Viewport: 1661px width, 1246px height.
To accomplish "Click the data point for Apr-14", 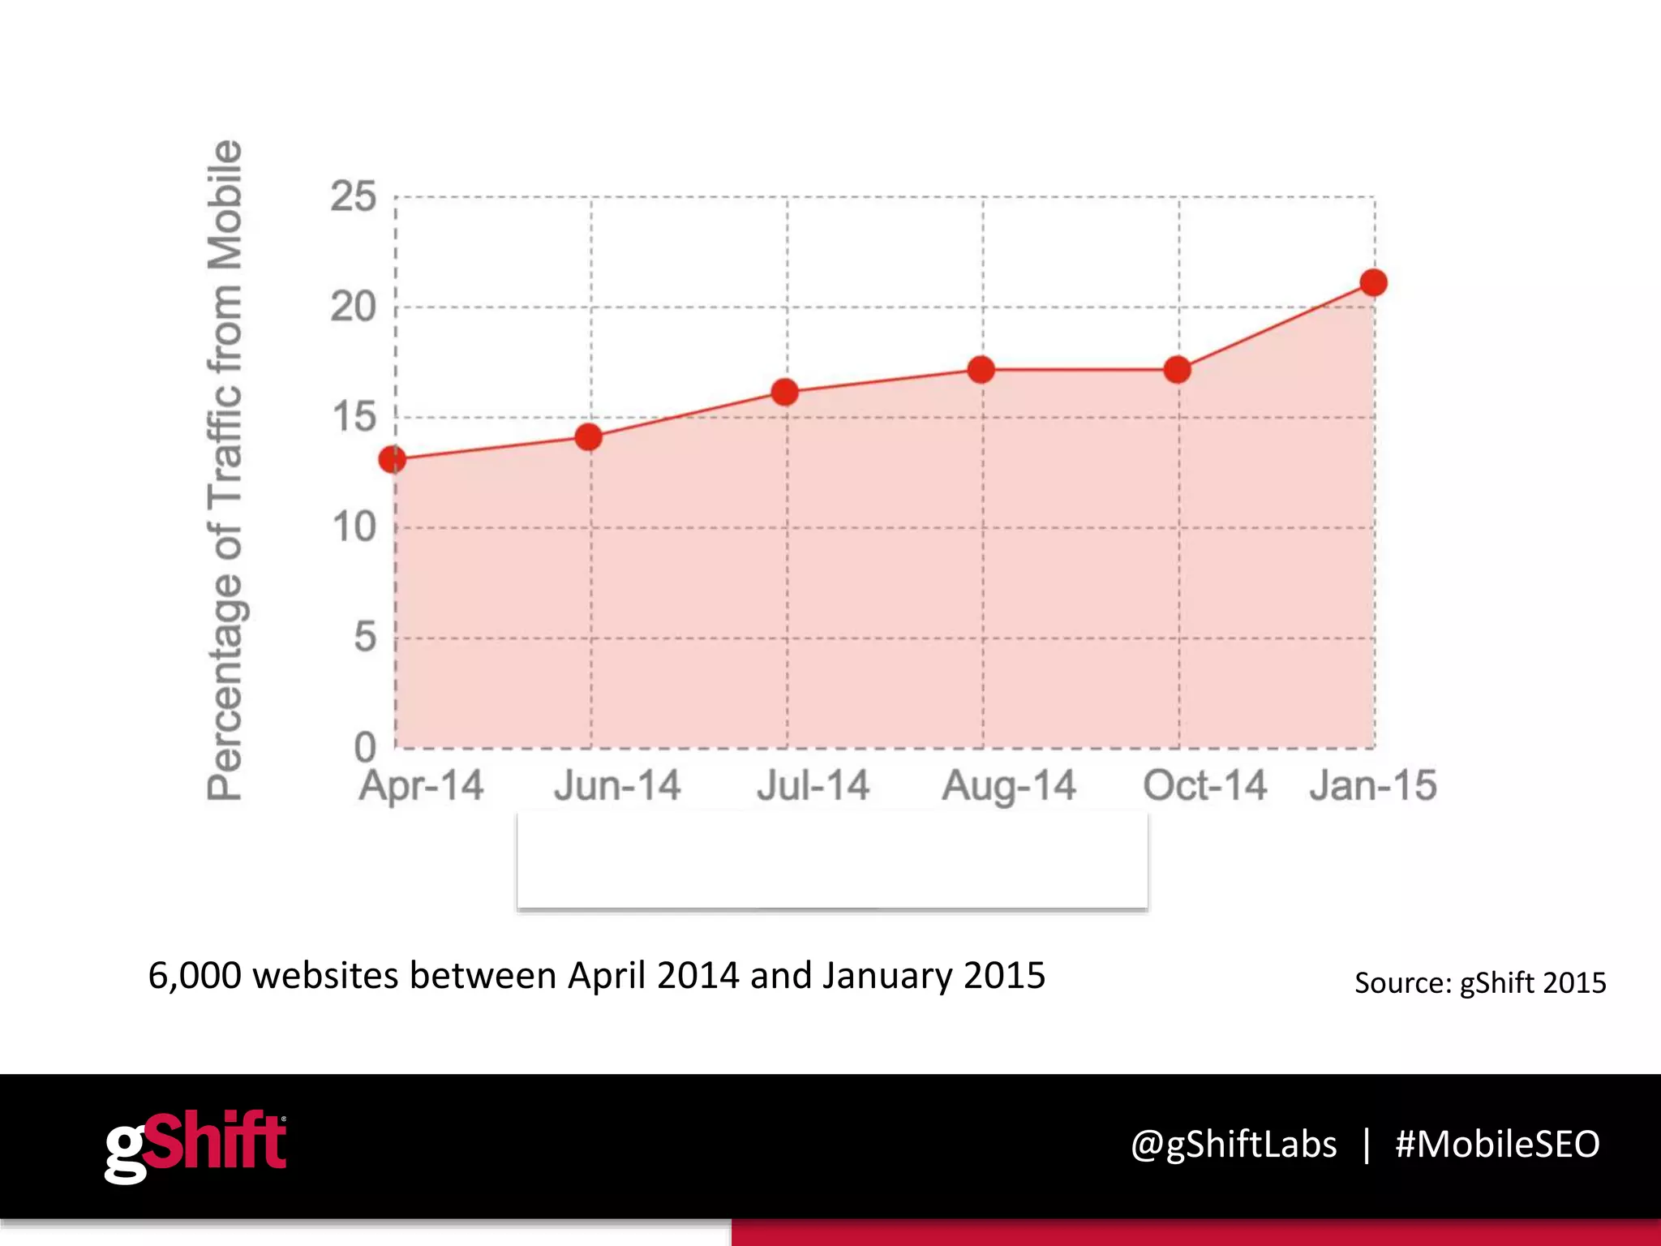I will [x=393, y=460].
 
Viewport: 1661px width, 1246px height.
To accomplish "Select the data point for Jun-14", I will [x=589, y=437].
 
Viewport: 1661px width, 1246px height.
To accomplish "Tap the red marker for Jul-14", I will [x=785, y=393].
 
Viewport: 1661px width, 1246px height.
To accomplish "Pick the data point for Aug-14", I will [x=981, y=370].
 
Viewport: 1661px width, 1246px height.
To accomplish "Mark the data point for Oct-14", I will [x=1177, y=370].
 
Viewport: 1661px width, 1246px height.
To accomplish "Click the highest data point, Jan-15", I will [x=1374, y=283].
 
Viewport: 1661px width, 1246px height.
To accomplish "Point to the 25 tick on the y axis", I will [x=354, y=197].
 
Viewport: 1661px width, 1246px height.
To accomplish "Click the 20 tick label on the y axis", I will [x=354, y=307].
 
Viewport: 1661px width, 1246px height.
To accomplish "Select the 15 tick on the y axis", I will [x=354, y=418].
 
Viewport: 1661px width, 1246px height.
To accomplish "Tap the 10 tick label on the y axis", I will [x=354, y=528].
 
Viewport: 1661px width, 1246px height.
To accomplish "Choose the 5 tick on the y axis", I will [x=365, y=638].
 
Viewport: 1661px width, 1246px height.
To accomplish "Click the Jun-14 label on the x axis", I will [x=617, y=786].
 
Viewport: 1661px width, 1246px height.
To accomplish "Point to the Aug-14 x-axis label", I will [x=1009, y=786].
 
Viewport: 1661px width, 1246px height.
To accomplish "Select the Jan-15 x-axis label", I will [x=1373, y=786].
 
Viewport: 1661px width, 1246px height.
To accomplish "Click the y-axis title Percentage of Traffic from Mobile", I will [x=225, y=470].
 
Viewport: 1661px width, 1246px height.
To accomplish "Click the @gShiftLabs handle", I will [x=1234, y=1145].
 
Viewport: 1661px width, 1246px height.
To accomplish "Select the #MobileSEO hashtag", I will [x=1497, y=1145].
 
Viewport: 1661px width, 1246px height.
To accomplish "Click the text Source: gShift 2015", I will [x=1480, y=983].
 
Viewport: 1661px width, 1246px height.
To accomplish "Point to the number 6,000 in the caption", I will [x=195, y=976].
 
